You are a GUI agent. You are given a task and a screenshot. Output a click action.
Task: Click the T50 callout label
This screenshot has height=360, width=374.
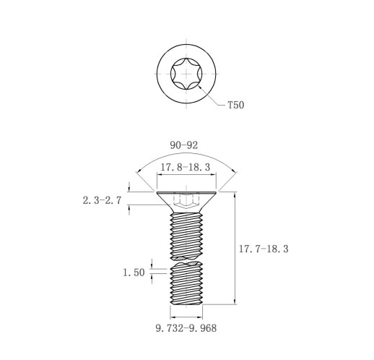pos(236,105)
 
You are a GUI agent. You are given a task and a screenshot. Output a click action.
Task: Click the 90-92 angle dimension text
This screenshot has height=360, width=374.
pos(184,145)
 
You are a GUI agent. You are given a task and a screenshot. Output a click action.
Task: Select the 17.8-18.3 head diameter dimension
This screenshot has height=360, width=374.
pos(186,167)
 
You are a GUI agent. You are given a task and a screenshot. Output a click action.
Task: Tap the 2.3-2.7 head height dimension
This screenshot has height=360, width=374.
pos(102,200)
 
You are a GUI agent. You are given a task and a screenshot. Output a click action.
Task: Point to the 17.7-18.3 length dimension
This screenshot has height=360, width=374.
pos(264,249)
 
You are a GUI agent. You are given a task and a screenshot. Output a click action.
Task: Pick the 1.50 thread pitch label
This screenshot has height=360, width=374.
pos(134,273)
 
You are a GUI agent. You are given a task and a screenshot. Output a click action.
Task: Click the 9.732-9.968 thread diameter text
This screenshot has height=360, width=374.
pos(186,328)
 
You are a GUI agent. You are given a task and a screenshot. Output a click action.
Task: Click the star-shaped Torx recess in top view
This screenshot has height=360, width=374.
pos(186,74)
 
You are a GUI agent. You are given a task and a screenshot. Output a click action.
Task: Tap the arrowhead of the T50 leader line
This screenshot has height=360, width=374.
pos(200,87)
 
